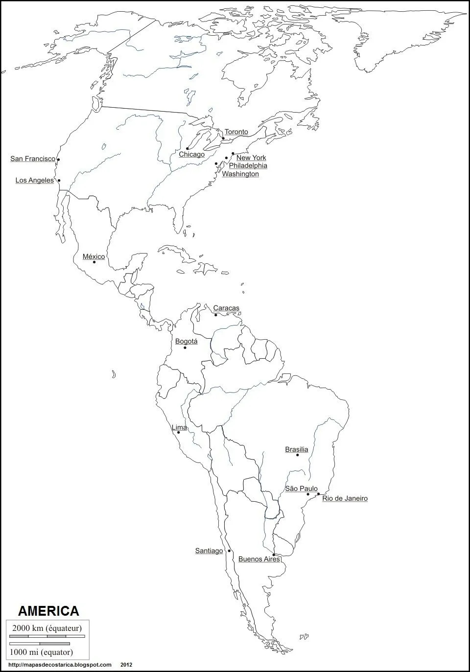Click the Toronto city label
(x=236, y=132)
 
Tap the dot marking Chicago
(x=188, y=148)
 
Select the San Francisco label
(x=33, y=159)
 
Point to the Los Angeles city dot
(x=59, y=181)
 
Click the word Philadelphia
(x=248, y=166)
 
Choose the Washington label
(x=240, y=174)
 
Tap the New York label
(x=251, y=158)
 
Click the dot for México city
(x=94, y=262)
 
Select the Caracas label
(x=226, y=308)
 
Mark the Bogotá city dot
(x=185, y=348)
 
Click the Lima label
(x=179, y=427)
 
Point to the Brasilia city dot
(x=298, y=455)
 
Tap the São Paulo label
(x=301, y=488)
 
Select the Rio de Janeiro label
(x=345, y=498)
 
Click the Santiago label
(x=209, y=551)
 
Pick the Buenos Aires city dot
(x=274, y=555)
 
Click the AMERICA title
(x=48, y=611)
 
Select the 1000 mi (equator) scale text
(x=42, y=652)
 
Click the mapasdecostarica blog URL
(x=60, y=665)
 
